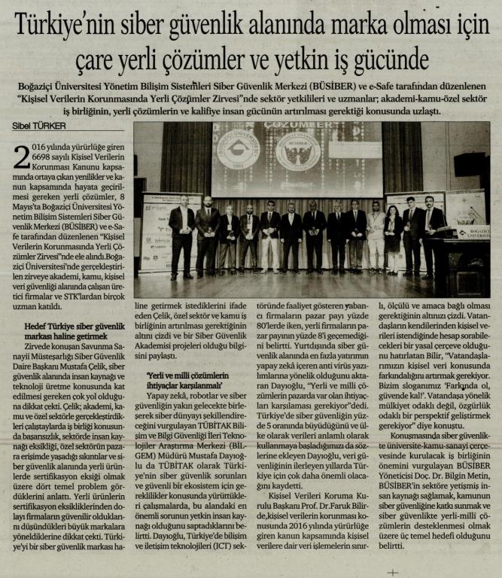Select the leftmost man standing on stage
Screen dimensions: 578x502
pos(182,234)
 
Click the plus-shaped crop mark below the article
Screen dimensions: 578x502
pos(391,571)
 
